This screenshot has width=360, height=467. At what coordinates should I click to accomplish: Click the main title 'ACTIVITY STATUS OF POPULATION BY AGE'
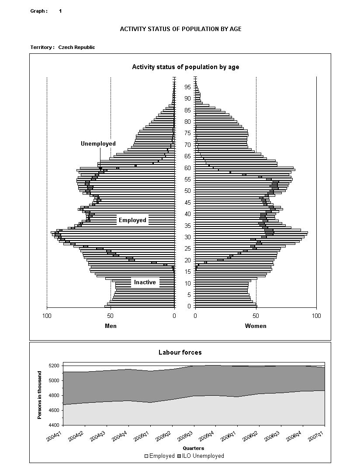pyautogui.click(x=180, y=29)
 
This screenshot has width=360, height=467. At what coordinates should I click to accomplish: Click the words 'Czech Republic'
pyautogui.click(x=76, y=47)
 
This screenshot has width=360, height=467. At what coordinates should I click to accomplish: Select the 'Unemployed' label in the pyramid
pyautogui.click(x=98, y=143)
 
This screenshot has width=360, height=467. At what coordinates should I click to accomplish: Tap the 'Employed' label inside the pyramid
pyautogui.click(x=132, y=220)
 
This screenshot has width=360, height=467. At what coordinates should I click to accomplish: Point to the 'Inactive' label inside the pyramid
pyautogui.click(x=145, y=282)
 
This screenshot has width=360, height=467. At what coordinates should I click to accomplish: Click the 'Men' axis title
pyautogui.click(x=111, y=326)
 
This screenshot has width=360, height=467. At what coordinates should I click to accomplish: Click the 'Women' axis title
pyautogui.click(x=256, y=326)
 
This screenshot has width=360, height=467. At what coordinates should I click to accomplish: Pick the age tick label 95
pyautogui.click(x=187, y=87)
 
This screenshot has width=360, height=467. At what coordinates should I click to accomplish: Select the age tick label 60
pyautogui.click(x=187, y=168)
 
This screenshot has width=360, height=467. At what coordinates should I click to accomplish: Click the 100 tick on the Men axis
pyautogui.click(x=47, y=316)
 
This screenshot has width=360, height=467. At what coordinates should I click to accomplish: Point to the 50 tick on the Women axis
pyautogui.click(x=256, y=316)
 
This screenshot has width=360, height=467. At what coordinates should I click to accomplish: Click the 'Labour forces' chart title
pyautogui.click(x=180, y=352)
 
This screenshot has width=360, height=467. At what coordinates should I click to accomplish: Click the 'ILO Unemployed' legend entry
pyautogui.click(x=202, y=456)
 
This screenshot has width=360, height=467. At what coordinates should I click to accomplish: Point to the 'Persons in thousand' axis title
pyautogui.click(x=40, y=395)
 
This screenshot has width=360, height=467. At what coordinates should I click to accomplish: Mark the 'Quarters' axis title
pyautogui.click(x=193, y=448)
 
